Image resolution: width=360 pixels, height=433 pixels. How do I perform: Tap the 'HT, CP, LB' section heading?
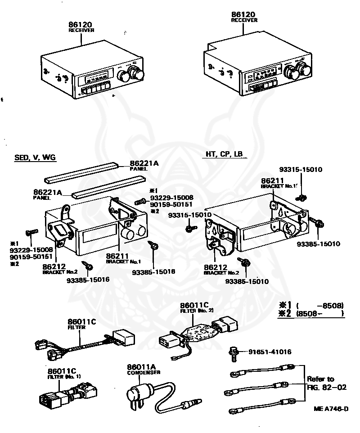click(x=224, y=154)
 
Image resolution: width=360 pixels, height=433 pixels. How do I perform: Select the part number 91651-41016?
click(x=269, y=352)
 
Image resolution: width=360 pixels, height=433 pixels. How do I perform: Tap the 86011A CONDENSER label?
click(x=143, y=370)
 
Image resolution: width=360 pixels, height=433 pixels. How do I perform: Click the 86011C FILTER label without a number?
click(x=82, y=324)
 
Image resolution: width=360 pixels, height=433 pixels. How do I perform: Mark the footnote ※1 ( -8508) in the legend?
click(x=311, y=305)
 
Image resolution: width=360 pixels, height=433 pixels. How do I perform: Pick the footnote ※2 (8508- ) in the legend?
click(x=311, y=314)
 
